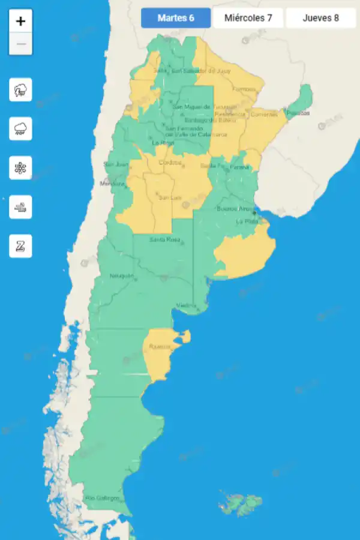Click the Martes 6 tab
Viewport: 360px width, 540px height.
176,18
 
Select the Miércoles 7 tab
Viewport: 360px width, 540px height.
248,18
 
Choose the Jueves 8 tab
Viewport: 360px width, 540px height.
320,18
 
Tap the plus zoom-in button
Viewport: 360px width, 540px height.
21,21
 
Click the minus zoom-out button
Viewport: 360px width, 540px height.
21,44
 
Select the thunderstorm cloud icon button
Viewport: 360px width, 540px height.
21,90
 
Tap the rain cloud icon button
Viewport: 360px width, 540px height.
21,128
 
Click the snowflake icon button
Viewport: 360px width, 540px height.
21,167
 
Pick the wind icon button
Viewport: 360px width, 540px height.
21,207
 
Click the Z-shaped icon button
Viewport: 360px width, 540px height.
21,246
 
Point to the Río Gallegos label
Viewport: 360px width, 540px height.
102,498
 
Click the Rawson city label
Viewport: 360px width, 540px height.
160,347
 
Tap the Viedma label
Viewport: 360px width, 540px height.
186,306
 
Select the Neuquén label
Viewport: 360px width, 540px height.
122,276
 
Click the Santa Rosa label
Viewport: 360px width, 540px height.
165,240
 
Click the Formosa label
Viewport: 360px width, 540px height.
244,89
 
